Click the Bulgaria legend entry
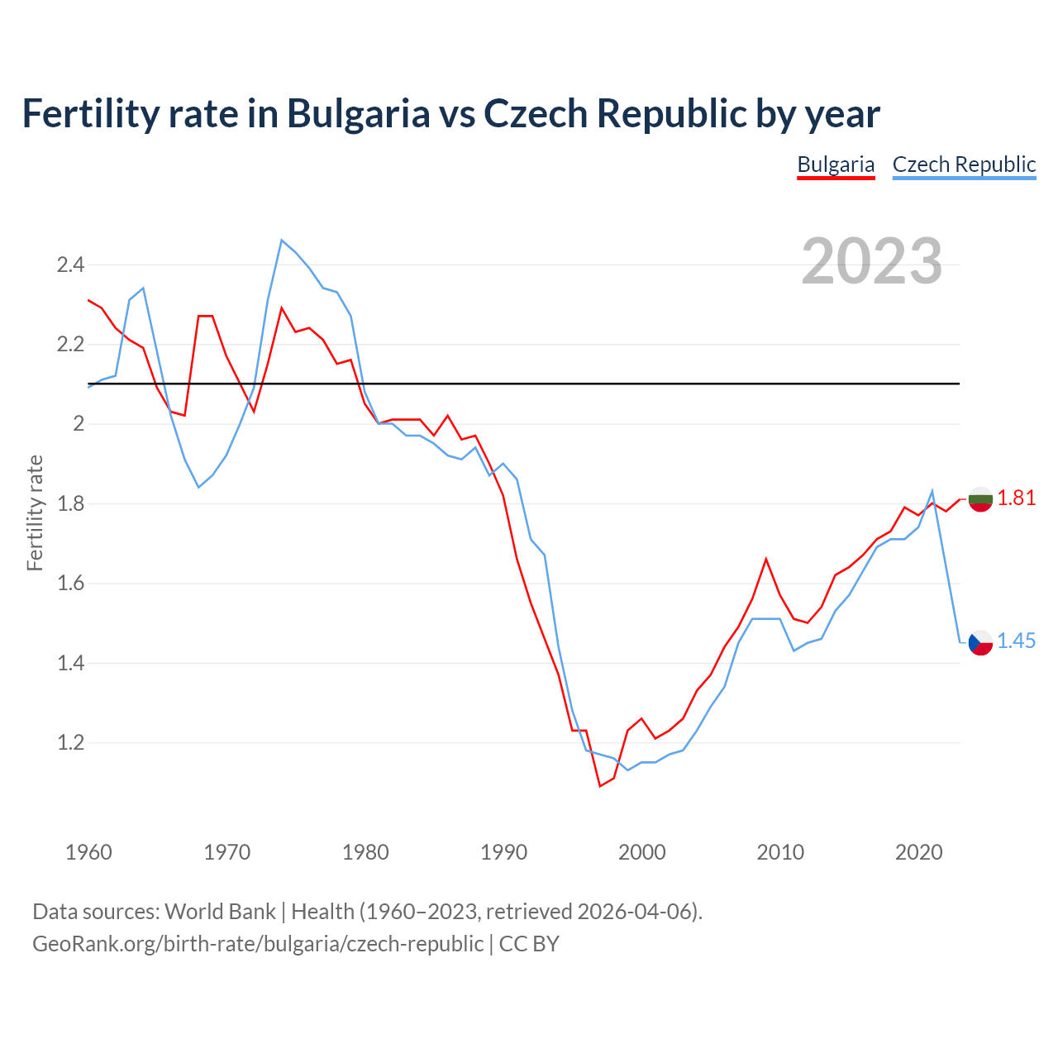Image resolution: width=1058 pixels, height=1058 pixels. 836,164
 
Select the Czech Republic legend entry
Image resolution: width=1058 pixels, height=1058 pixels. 964,164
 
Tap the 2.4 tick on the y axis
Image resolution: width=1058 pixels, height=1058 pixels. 70,265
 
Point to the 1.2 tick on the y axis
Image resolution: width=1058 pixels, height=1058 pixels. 70,743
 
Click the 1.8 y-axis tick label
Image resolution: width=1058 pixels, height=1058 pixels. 70,504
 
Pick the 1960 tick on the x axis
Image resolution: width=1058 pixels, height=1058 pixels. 88,852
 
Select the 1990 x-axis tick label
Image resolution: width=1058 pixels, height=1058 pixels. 503,852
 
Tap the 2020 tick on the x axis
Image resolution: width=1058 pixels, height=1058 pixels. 918,852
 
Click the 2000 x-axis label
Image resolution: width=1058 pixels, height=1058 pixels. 641,852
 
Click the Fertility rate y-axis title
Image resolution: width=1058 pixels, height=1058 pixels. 35,512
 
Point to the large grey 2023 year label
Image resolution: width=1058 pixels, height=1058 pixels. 871,261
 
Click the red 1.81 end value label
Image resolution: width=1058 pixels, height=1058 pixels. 1016,498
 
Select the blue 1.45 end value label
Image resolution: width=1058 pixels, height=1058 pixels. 1016,641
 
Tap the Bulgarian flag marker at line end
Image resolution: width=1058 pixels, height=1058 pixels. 980,499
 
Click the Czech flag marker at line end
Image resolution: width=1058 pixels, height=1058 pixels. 980,642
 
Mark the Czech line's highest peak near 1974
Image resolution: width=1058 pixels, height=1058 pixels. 282,241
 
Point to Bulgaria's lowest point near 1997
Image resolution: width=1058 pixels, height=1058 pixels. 600,786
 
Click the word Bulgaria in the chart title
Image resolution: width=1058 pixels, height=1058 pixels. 358,113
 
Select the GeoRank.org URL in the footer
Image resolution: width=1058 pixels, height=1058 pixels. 258,944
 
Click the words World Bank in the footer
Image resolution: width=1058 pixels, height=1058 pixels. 220,912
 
